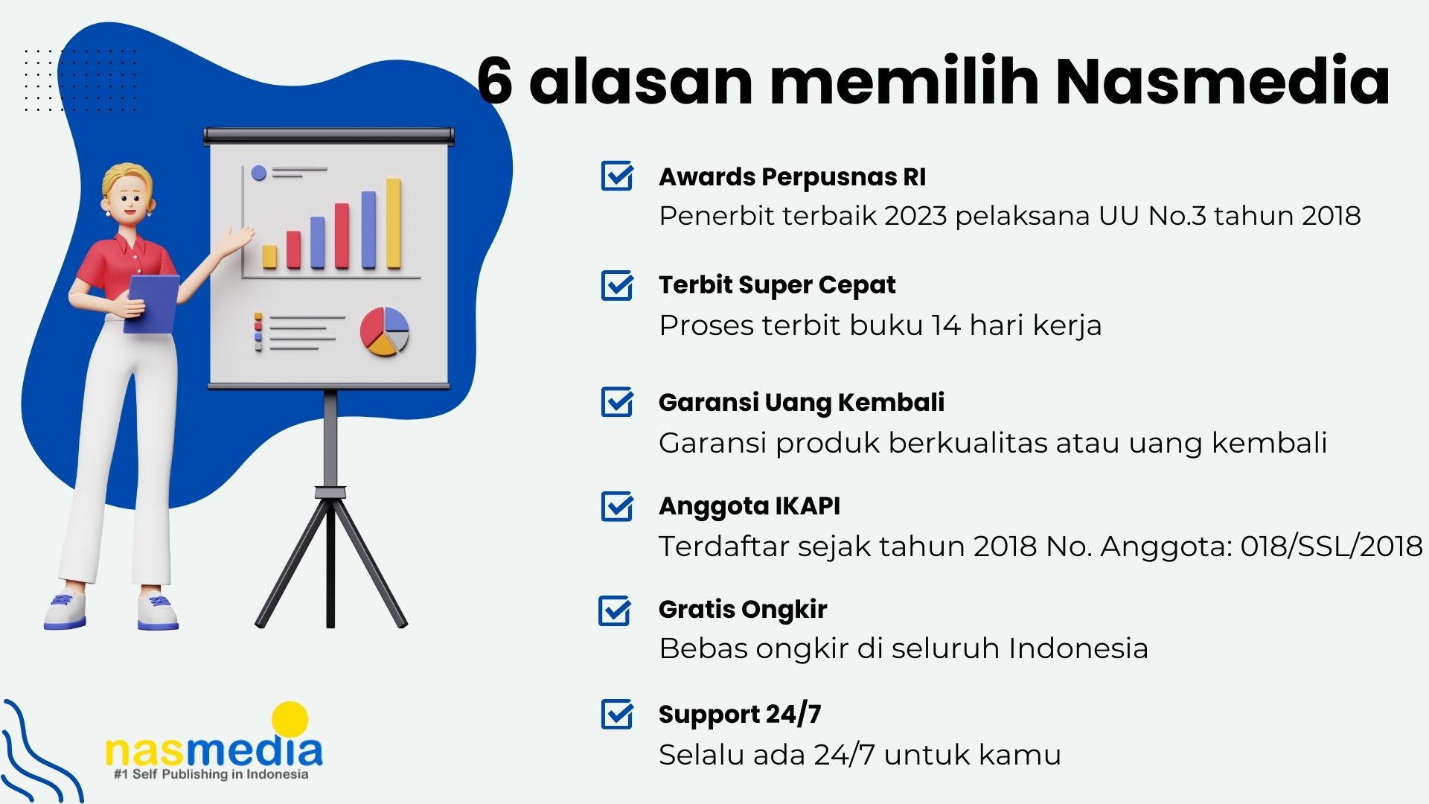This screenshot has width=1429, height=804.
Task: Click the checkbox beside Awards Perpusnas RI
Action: coord(617,176)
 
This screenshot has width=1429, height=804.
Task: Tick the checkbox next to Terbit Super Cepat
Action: coord(617,285)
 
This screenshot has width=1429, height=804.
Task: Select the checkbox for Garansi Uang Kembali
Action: coord(617,402)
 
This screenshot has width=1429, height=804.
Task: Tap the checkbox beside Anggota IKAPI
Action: coord(617,506)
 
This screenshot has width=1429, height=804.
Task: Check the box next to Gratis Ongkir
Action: coord(615,610)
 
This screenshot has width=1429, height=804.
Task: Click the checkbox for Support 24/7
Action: coord(617,714)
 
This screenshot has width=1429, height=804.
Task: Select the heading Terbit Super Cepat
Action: coord(777,285)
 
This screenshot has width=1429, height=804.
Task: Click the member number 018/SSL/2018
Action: coord(1332,546)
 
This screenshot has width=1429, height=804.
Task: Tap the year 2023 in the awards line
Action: coord(915,216)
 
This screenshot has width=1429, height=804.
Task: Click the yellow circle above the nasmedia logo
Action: coord(290,720)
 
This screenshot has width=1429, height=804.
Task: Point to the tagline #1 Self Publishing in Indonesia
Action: coord(211,774)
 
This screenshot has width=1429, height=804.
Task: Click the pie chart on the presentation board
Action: coord(385,331)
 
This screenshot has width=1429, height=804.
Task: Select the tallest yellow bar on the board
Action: coord(394,223)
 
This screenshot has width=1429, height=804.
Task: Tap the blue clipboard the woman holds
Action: coord(153,304)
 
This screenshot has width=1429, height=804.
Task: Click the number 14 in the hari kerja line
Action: coord(945,325)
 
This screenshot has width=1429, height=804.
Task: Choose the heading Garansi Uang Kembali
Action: coord(802,402)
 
